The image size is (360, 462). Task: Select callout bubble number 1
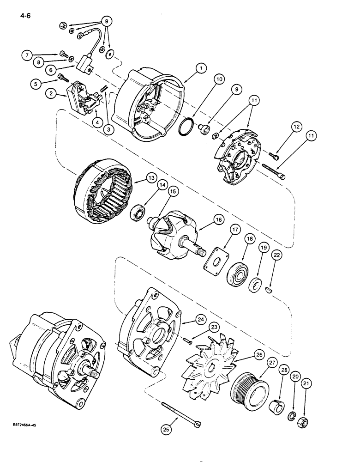point(200,68)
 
